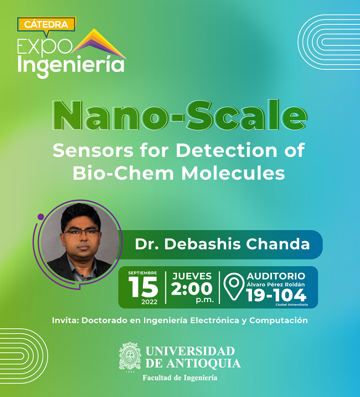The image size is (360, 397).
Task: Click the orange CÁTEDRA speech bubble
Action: pos(47,25)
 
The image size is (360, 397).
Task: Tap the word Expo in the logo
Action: pos(45,47)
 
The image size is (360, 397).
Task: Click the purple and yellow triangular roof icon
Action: pos(99,44)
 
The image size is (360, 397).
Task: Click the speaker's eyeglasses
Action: pos(81,232)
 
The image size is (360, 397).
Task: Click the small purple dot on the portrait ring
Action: pos(40,217)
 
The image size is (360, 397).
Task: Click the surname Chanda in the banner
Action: pos(278,244)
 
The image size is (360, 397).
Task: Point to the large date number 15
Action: pos(143,287)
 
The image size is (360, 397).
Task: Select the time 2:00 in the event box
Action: pos(192,289)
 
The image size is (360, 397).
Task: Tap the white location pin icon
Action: pos(234,286)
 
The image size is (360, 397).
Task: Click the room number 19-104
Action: pos(276,295)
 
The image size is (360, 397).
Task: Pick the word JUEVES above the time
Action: pos(192,276)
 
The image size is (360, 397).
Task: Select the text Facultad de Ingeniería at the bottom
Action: pos(180,378)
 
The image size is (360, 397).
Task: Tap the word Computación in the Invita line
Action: pos(279,320)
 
